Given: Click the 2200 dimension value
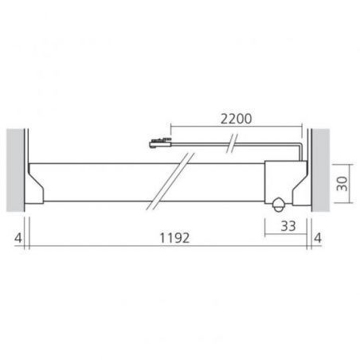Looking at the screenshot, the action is point(236,119).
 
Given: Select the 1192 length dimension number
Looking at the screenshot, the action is point(174,238).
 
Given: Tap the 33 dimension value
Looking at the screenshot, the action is point(288,226).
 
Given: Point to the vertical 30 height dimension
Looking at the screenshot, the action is point(342,183).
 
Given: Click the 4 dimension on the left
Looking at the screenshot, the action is point(18,238).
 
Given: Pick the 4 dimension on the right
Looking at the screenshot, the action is point(318,238).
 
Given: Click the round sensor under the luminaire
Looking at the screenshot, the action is point(278,205).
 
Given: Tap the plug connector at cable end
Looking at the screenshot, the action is point(160,143).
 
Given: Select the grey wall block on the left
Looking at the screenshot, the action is point(15,170).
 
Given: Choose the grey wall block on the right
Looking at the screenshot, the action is point(321,170).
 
